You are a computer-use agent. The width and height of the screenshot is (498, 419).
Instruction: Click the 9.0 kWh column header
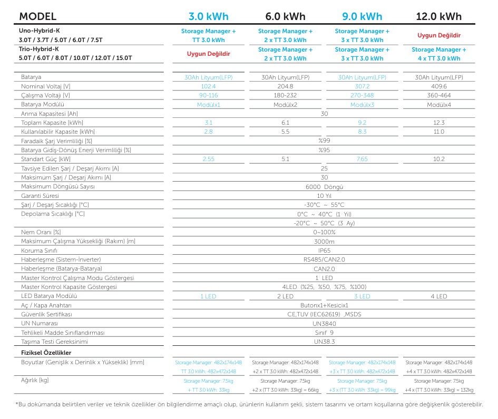[x=362, y=16]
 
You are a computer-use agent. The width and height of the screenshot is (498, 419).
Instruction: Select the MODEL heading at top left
[x=38, y=16]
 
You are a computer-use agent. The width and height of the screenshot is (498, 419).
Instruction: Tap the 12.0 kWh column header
[x=439, y=16]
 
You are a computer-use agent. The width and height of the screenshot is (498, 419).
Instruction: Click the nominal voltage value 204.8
[x=285, y=86]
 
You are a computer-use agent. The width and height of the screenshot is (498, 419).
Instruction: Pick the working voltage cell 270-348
[x=362, y=95]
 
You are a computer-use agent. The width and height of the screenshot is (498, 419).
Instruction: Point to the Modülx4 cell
[x=439, y=105]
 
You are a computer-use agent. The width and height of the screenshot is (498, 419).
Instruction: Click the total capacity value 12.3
[x=439, y=123]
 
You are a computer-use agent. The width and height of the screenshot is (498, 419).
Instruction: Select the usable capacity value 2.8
[x=208, y=132]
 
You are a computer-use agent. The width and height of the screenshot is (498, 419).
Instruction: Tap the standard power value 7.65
[x=362, y=159]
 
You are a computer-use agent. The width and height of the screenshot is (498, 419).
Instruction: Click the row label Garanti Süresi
[x=40, y=196]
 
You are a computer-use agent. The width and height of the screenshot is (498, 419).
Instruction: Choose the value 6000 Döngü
[x=324, y=187]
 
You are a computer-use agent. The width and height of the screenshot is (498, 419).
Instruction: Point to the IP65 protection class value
[x=324, y=251]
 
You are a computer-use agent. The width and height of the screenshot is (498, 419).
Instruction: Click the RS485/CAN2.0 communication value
[x=324, y=260]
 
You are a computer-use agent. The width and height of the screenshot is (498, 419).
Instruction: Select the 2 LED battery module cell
[x=285, y=296]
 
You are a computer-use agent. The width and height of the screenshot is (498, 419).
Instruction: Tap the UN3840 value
[x=324, y=324]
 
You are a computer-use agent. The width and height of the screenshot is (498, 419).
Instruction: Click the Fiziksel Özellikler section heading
[x=46, y=353]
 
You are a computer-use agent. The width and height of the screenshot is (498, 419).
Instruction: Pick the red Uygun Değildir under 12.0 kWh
[x=439, y=35]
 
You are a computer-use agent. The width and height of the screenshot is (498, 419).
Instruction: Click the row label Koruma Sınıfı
[x=39, y=251]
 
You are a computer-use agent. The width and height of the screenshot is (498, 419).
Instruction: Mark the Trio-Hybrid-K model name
[x=39, y=49]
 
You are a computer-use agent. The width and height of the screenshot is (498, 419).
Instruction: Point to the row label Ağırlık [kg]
[x=35, y=380]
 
